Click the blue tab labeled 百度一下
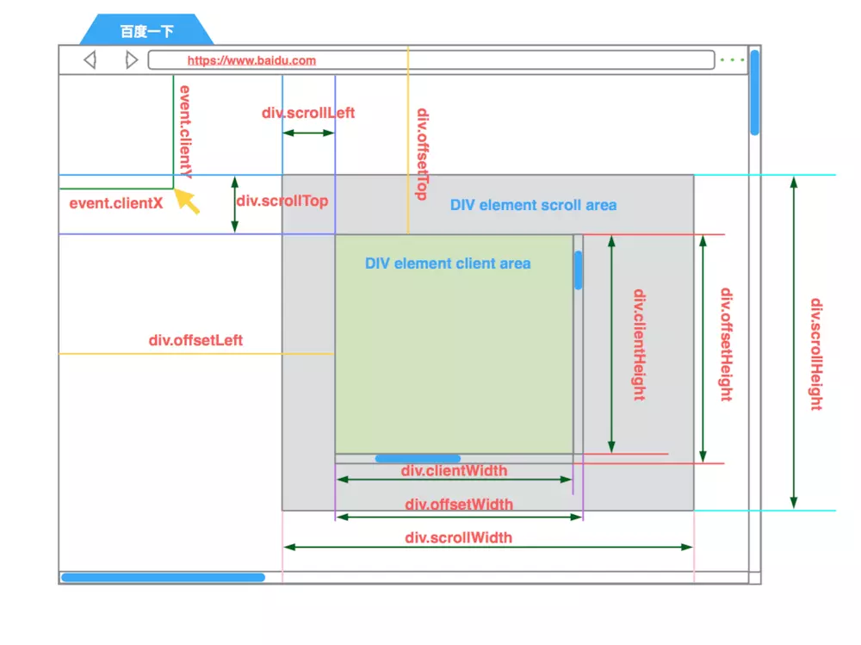tap(146, 32)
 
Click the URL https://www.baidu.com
tap(251, 60)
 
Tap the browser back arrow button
tap(90, 60)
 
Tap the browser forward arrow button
tap(131, 60)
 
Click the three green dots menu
tap(732, 60)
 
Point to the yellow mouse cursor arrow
tap(186, 201)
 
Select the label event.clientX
tap(115, 204)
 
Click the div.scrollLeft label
tap(308, 113)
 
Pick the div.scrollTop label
tap(282, 202)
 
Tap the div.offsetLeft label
tap(195, 340)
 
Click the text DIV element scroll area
tap(533, 205)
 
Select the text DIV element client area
tap(448, 264)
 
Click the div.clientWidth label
tap(454, 470)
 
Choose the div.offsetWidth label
tap(459, 505)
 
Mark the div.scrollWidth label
tap(458, 538)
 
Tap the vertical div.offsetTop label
tap(422, 154)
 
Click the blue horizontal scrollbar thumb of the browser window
tap(163, 578)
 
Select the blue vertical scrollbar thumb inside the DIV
tap(579, 270)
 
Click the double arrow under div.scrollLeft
tap(308, 133)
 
